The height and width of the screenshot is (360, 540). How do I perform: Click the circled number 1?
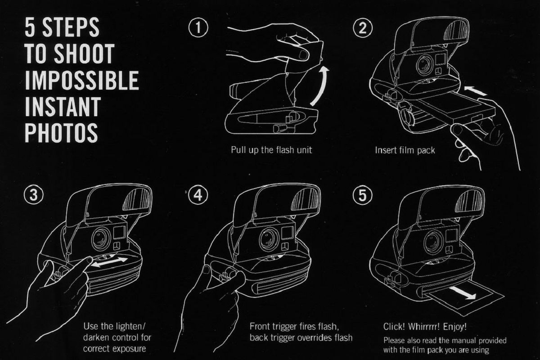tap(198, 28)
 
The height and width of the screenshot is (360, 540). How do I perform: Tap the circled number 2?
tap(363, 28)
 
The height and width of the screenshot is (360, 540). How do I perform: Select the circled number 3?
tap(34, 195)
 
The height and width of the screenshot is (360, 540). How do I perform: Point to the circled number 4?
tap(198, 195)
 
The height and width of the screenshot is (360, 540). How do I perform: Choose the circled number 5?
tap(363, 195)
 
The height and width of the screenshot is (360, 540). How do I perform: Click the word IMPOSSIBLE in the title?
tap(82, 80)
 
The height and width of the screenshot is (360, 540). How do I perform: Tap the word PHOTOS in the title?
tap(61, 133)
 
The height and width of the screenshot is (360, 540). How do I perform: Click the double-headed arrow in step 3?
tap(110, 262)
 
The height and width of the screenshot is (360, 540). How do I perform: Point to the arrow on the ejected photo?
tap(463, 292)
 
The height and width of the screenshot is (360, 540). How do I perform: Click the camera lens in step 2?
tap(425, 63)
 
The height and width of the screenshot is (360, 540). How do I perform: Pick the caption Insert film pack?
tap(405, 150)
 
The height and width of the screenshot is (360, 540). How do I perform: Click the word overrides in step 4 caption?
tap(315, 337)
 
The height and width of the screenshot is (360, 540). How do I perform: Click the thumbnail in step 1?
tap(304, 55)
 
